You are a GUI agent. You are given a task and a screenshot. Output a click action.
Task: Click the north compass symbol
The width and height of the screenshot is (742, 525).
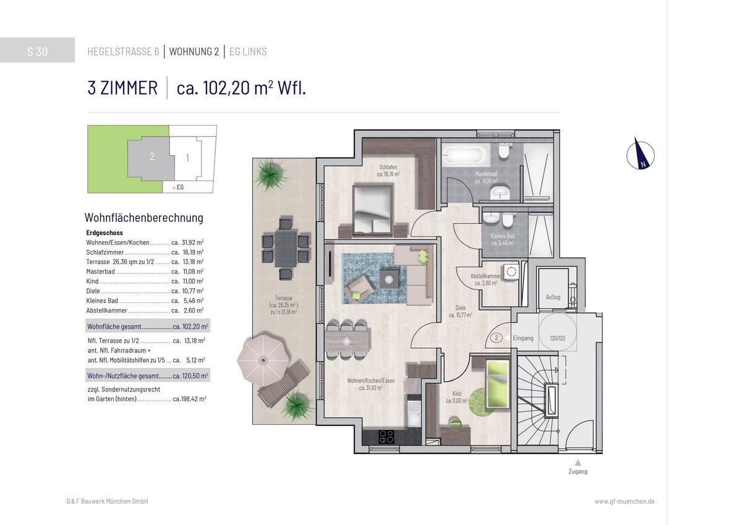(641, 155)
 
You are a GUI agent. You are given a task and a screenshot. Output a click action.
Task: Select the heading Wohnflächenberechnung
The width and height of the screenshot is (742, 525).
(143, 218)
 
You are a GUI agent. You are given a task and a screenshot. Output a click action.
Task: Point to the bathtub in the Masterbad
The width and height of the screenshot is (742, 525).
(464, 155)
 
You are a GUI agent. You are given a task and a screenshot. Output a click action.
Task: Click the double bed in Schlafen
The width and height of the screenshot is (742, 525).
(373, 210)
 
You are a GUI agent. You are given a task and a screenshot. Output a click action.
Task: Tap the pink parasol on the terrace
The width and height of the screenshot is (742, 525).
(263, 359)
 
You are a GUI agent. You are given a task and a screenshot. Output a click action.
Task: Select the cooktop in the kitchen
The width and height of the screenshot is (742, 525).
(386, 437)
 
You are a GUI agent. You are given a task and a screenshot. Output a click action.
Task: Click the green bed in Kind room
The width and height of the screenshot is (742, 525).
(497, 384)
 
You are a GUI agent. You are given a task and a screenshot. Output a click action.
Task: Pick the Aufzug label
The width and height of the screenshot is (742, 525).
(553, 297)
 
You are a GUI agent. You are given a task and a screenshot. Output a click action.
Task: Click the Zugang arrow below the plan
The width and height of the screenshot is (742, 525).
(578, 462)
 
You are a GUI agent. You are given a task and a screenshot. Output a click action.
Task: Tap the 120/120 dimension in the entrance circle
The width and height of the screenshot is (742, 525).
(558, 338)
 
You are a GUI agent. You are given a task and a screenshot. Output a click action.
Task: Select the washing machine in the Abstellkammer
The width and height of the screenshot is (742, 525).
(511, 271)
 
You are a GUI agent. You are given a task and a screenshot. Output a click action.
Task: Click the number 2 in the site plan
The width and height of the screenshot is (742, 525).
(152, 156)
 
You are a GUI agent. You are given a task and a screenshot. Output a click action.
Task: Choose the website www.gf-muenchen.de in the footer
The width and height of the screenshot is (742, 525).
(625, 502)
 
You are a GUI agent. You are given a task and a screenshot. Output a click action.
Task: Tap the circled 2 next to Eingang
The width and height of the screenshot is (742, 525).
(496, 338)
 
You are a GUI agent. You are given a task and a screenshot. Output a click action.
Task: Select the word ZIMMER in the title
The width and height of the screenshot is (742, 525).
(129, 88)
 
